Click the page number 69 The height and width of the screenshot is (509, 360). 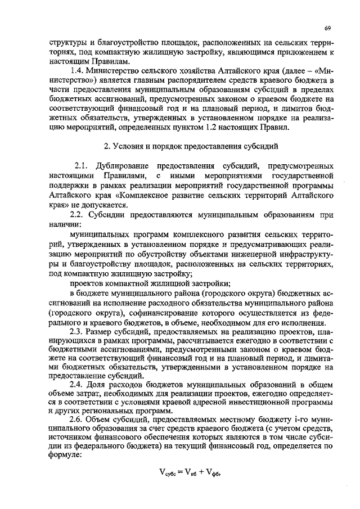pos(327,27)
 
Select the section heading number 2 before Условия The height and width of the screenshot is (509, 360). pos(107,146)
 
